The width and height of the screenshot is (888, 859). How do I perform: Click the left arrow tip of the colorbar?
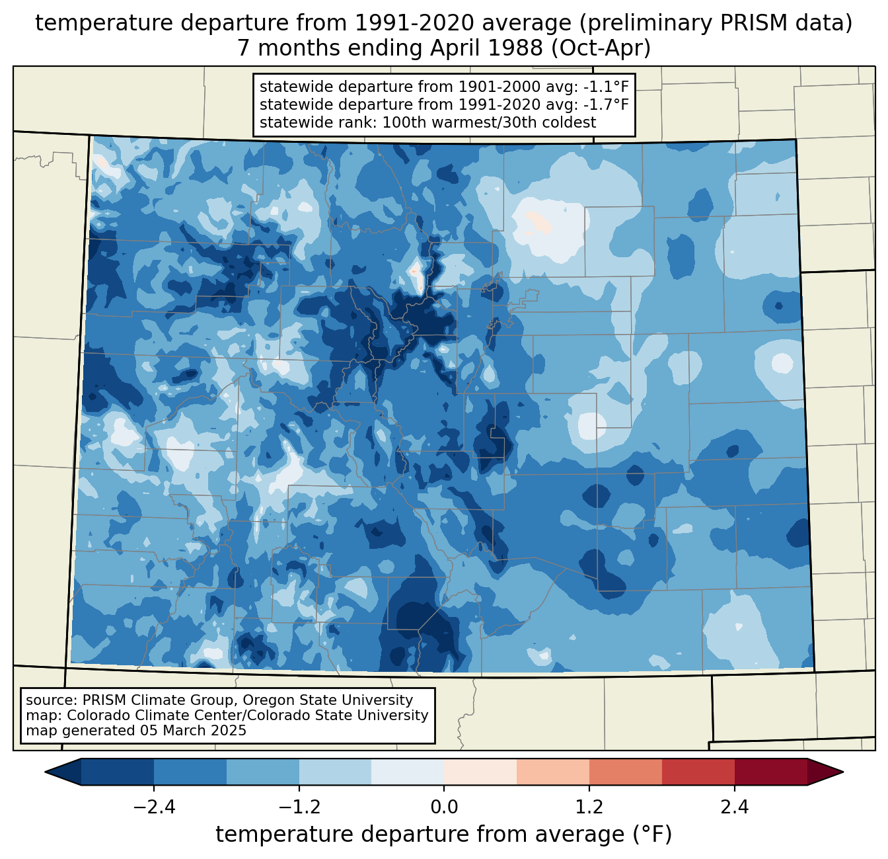pos(45,772)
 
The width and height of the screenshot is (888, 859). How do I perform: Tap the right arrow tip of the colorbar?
pos(843,772)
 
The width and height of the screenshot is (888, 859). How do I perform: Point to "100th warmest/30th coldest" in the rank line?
pos(489,122)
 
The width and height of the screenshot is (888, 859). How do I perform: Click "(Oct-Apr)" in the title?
pos(601,48)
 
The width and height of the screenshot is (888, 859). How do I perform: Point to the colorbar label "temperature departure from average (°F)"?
pos(444,834)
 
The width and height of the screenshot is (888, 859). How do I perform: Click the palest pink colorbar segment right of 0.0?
pos(480,772)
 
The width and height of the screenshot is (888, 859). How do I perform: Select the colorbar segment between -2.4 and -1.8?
pos(190,772)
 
